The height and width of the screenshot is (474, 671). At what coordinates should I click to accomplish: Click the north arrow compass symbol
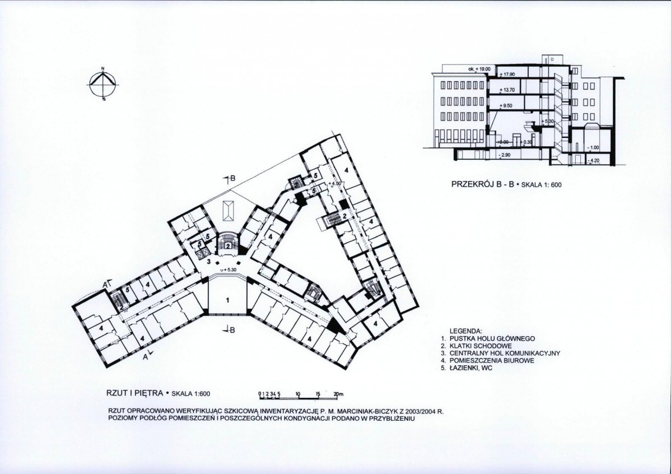coord(103,84)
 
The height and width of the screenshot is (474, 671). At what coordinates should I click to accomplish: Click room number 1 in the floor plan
coord(227,300)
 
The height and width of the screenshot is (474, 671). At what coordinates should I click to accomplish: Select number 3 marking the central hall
coord(208,261)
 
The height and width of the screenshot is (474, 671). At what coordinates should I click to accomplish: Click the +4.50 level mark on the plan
coord(334,183)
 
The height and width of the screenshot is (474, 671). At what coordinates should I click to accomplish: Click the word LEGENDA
coord(465,331)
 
